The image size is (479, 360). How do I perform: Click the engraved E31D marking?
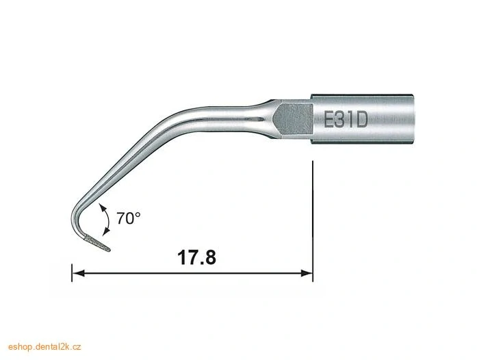point(345,119)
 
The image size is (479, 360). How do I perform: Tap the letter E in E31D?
point(329,119)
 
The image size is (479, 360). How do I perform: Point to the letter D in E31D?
point(361,119)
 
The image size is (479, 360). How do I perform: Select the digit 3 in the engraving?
point(341,119)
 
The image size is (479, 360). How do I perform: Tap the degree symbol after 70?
point(138,214)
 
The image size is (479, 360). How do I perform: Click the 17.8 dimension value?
point(196,257)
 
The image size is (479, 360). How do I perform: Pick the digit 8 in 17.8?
point(209,257)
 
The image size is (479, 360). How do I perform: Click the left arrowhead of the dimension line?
point(79,272)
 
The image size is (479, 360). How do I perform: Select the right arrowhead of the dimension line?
point(307,272)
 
